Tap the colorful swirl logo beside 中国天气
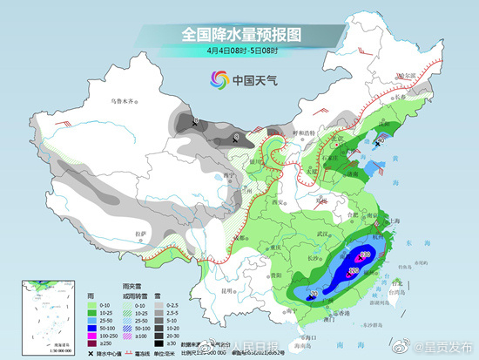click(215, 81)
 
